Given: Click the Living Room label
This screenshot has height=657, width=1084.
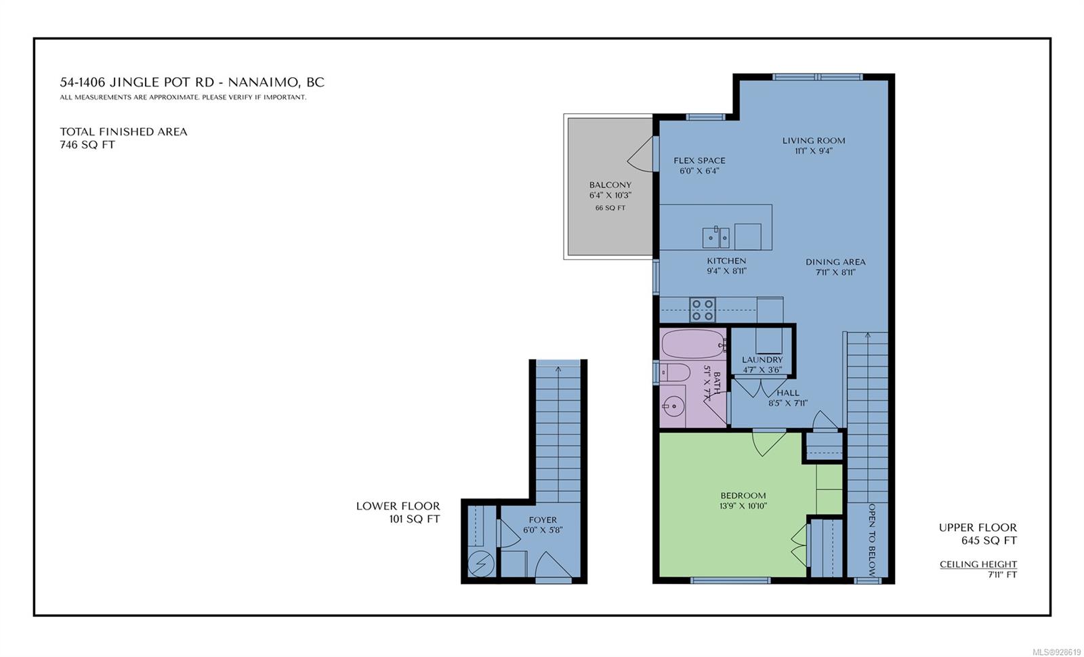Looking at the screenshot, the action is click(x=814, y=141).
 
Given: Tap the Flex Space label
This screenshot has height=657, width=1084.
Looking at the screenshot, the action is click(x=699, y=161).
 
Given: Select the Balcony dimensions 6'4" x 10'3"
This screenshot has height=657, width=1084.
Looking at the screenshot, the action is click(x=610, y=196).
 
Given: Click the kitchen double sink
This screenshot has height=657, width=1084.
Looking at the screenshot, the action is click(x=715, y=237).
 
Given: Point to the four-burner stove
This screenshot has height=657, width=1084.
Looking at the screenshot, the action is click(x=703, y=310).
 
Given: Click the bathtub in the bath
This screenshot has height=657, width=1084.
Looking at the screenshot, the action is click(x=694, y=344).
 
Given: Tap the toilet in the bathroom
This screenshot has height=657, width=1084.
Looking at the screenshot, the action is click(x=675, y=373).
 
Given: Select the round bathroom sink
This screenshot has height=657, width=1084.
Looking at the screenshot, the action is click(x=673, y=406).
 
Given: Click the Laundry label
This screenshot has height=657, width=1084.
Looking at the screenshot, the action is click(x=762, y=360).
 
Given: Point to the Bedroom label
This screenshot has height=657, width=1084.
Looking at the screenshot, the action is click(x=743, y=495).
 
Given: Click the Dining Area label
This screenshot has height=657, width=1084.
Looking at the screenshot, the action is click(x=835, y=261).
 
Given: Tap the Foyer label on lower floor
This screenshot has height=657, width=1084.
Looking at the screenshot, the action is click(x=543, y=520).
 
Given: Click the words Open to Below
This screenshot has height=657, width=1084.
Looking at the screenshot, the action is click(x=871, y=539).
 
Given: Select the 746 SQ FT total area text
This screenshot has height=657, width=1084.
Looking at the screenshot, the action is click(x=87, y=145).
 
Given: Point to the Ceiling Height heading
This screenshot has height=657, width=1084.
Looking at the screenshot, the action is click(x=978, y=564).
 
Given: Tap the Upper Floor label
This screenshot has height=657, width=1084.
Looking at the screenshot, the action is click(x=978, y=528).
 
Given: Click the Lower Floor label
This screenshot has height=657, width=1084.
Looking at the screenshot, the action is click(x=398, y=506).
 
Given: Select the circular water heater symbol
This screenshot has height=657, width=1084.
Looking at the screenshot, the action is click(x=481, y=564).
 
